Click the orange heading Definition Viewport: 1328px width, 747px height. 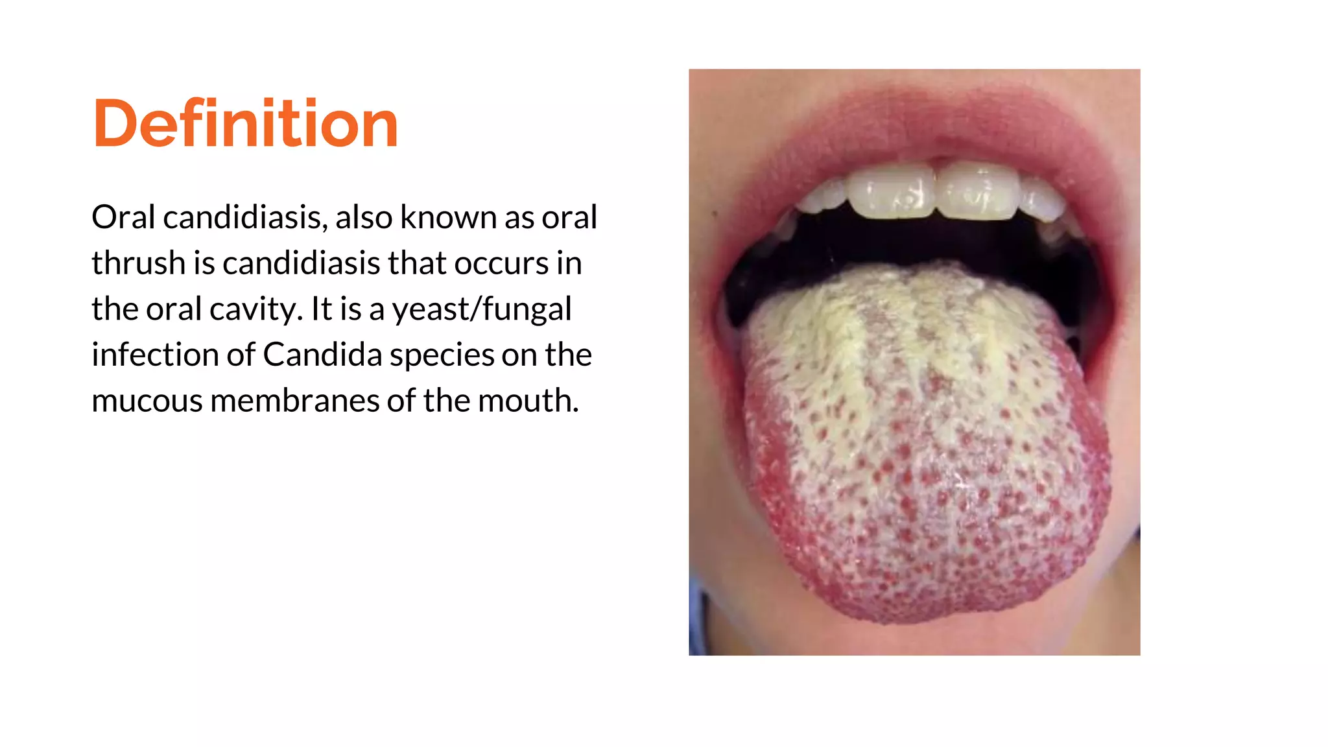click(245, 123)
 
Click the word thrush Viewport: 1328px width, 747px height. click(138, 263)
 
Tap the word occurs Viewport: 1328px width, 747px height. click(501, 263)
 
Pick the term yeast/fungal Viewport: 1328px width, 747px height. click(482, 309)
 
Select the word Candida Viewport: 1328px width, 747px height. click(322, 355)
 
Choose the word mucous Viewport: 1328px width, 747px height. click(147, 401)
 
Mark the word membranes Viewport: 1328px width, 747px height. click(295, 401)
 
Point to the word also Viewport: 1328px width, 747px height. click(364, 217)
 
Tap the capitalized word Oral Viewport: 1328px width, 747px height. click(123, 217)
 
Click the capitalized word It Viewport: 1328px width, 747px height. click(321, 309)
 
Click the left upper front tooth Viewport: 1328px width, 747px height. click(893, 190)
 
